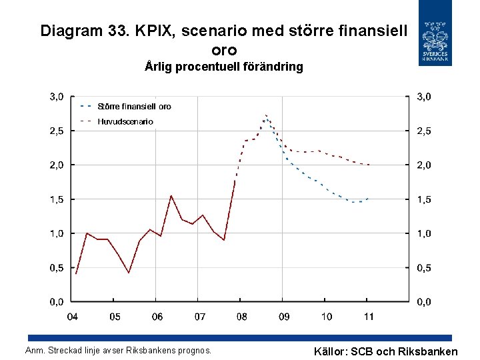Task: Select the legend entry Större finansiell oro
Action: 134,106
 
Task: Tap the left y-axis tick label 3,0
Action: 57,97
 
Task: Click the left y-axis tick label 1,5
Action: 57,199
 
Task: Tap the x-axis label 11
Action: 368,316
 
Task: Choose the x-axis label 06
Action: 157,316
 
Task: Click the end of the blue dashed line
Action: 368,199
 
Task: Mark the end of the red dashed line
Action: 369,165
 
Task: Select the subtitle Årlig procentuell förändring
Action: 224,67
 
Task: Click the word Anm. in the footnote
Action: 35,350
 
